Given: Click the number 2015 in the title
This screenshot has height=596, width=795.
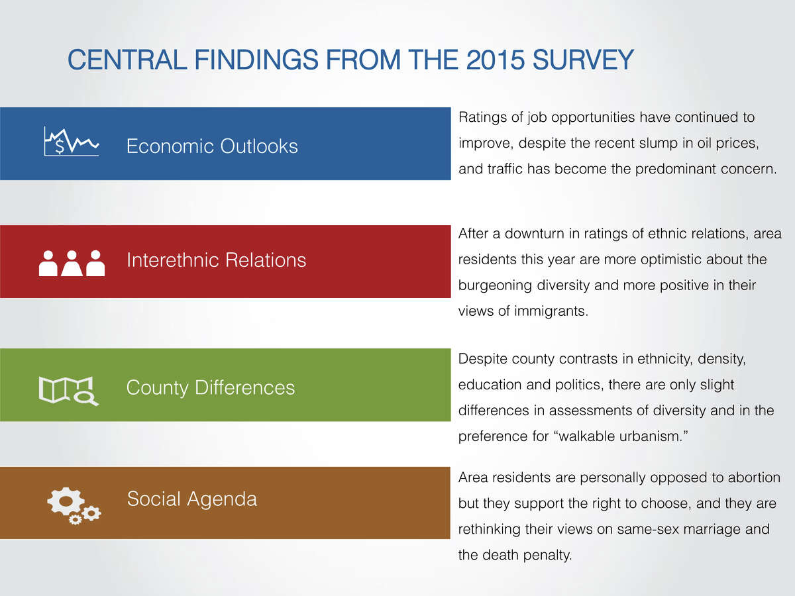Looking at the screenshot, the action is click(x=495, y=60).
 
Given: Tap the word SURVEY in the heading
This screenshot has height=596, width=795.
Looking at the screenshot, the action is click(x=583, y=60).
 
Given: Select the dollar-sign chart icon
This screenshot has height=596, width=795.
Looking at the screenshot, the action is click(x=72, y=142).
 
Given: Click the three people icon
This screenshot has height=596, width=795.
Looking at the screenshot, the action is click(x=72, y=263).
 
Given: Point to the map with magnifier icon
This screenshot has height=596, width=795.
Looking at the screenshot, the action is click(x=68, y=391).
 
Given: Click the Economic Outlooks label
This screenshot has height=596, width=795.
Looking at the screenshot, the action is click(x=212, y=146).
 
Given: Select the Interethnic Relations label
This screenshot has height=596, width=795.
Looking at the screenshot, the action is click(x=216, y=260).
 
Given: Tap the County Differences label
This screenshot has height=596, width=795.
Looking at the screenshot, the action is click(x=211, y=388).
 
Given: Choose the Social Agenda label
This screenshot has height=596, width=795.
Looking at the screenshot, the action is click(x=192, y=499).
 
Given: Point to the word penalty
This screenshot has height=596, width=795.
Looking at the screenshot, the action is click(x=548, y=556).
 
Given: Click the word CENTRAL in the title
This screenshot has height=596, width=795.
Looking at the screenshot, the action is click(x=127, y=60).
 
